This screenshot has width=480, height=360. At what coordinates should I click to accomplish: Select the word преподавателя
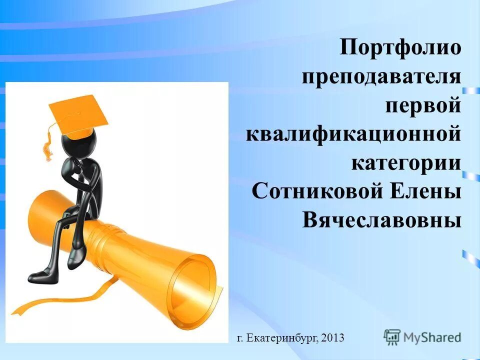381,77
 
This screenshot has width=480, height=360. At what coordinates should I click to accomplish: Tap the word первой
422,106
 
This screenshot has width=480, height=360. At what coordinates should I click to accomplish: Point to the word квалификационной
353,134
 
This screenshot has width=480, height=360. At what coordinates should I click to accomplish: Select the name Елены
431,191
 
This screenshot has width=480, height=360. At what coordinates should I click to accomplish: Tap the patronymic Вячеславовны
381,220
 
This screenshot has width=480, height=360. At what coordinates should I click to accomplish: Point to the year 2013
333,338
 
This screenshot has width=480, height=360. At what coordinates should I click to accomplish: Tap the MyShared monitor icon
392,337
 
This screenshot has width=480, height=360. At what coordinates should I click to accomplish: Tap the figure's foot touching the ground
40,274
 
